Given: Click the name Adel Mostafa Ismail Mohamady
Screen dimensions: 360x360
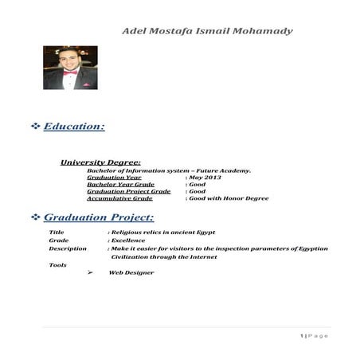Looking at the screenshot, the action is (206, 31).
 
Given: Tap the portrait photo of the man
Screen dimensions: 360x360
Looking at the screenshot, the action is (70, 68).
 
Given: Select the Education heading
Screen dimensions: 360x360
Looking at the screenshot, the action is (74, 126).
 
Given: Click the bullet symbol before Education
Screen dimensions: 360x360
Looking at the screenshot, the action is (35, 127).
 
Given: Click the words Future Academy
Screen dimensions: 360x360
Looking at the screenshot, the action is (226, 170).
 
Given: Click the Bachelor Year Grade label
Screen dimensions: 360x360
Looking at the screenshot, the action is (120, 184).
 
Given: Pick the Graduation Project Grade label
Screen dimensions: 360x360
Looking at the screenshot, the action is (129, 191).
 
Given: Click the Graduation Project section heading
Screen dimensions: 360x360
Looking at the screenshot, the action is (99, 217).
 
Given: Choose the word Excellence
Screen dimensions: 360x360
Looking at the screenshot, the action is (130, 239).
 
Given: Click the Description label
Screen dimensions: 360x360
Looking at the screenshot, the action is (68, 248).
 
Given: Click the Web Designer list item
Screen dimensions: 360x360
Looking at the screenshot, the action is (131, 273).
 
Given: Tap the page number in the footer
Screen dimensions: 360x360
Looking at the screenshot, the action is (303, 335).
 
